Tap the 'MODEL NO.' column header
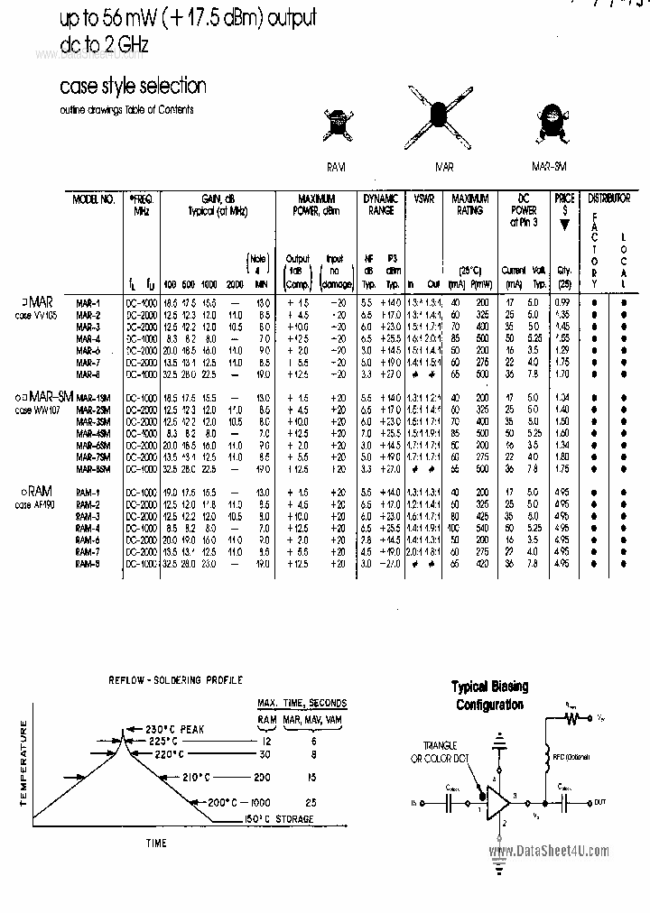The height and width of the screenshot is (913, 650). [93, 198]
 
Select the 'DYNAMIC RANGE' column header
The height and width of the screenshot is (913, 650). [380, 204]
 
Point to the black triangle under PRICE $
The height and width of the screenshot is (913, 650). [565, 226]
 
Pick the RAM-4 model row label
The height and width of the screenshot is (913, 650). [88, 527]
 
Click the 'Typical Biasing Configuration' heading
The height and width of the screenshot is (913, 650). [490, 695]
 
